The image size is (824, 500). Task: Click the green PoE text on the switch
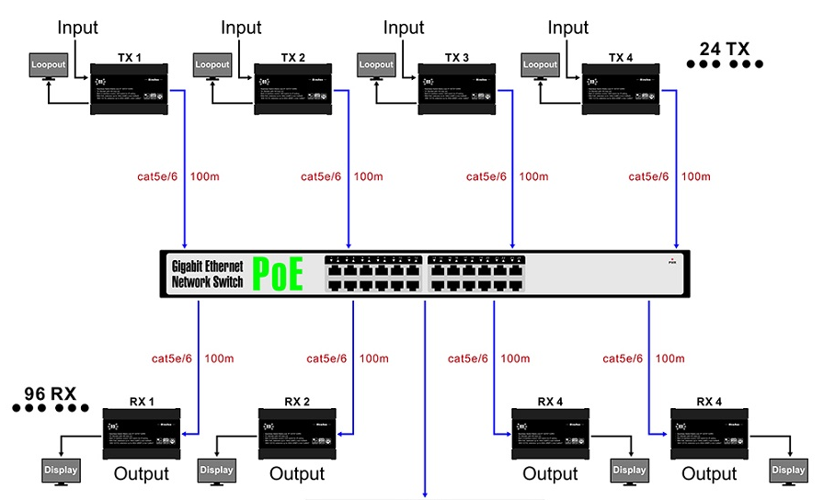tap(277, 274)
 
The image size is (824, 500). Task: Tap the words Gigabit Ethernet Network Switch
tap(208, 274)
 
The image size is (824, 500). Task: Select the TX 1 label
tap(130, 58)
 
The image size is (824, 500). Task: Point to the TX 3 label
tap(457, 58)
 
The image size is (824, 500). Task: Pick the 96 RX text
tap(51, 393)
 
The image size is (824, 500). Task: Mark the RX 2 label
tap(297, 401)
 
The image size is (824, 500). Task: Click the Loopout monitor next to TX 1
tap(49, 66)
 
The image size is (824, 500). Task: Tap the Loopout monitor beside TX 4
tap(540, 66)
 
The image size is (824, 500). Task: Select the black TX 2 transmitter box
tap(293, 88)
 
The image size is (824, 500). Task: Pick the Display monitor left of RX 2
tap(217, 471)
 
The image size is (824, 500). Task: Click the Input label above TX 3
tap(404, 28)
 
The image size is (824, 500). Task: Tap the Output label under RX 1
tap(141, 474)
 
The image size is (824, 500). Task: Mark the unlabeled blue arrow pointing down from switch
tap(425, 395)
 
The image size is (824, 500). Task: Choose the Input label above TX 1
tap(77, 28)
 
